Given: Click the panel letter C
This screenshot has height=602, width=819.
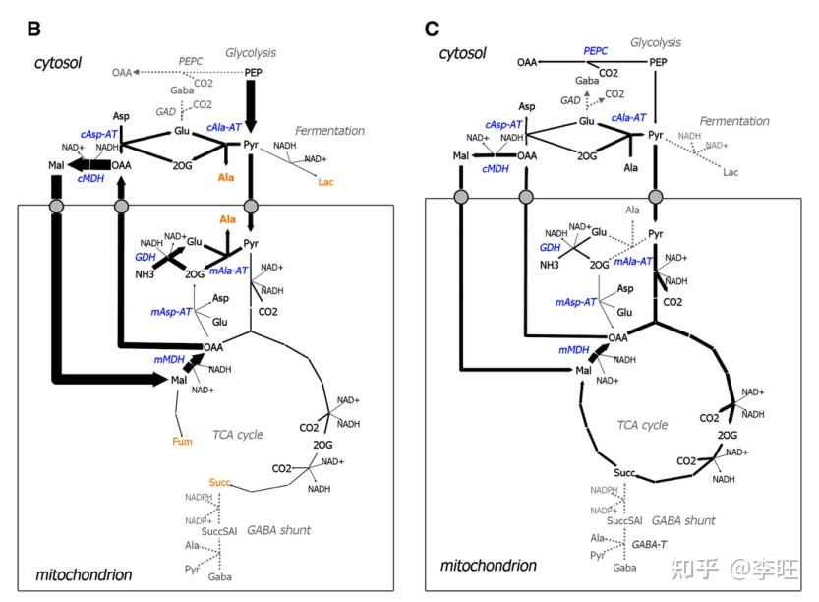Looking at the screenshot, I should click(432, 28).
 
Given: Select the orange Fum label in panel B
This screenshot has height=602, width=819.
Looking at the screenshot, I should click(182, 441).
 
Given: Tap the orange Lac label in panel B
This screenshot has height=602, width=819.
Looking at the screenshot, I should click(326, 182).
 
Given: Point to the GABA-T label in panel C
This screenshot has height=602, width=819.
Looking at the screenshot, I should click(650, 542).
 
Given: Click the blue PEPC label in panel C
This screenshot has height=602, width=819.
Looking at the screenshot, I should click(596, 49).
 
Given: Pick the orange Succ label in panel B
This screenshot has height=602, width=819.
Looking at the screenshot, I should click(220, 482).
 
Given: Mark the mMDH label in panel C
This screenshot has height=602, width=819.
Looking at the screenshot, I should click(574, 349).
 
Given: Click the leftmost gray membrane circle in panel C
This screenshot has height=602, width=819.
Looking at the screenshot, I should click(461, 197).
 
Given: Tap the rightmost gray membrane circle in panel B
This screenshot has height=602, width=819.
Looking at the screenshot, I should click(251, 206).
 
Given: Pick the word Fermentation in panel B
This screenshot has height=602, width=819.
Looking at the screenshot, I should click(329, 131).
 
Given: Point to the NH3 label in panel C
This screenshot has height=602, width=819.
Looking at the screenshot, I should click(549, 265).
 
